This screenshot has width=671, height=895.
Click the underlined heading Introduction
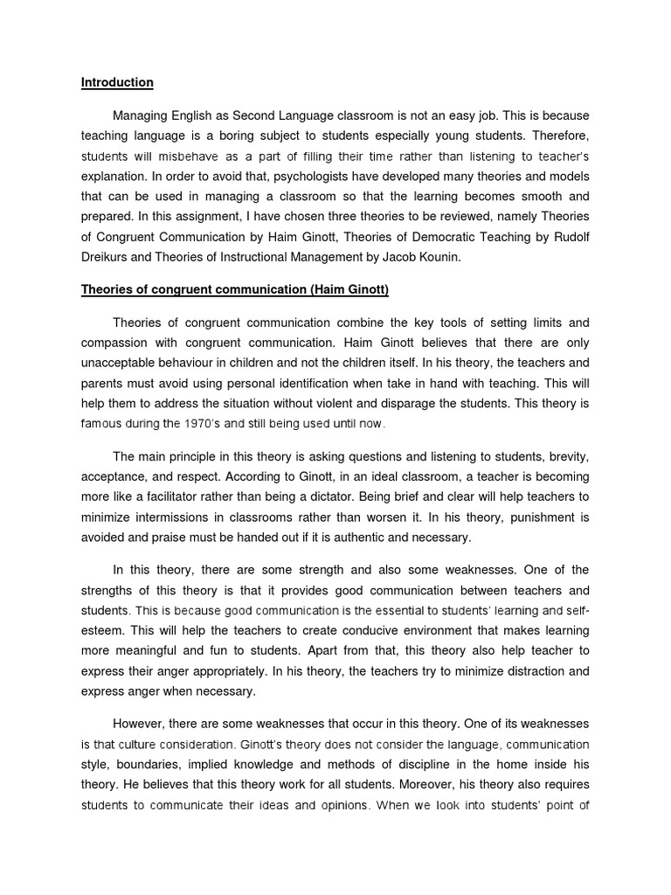click(117, 83)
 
